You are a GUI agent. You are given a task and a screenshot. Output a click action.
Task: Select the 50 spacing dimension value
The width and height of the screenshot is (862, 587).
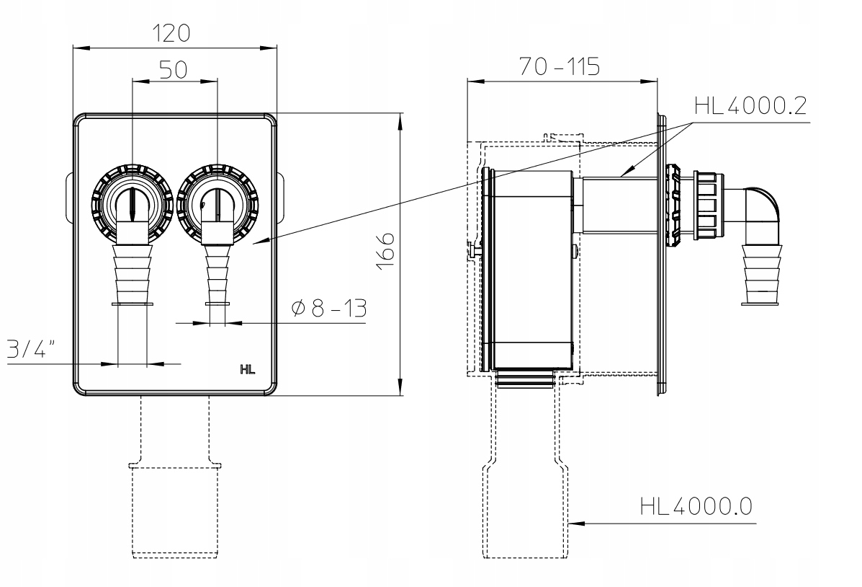pyautogui.click(x=173, y=69)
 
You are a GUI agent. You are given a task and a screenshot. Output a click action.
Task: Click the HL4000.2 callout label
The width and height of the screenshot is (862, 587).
pyautogui.click(x=750, y=106)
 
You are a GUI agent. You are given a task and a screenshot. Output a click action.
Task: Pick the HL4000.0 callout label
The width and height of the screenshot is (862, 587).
pyautogui.click(x=696, y=506)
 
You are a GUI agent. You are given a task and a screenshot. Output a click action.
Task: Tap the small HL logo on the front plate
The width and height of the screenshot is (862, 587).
pyautogui.click(x=248, y=370)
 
